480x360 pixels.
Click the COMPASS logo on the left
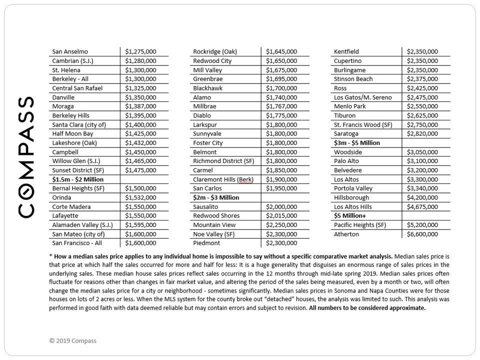point(26,156)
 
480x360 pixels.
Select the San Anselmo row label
point(70,51)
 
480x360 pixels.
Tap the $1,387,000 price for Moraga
point(140,106)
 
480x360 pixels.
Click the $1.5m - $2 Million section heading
point(78,179)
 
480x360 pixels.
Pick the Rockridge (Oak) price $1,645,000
point(281,51)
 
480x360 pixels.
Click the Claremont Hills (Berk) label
point(223,179)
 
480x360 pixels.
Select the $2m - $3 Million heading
point(216,197)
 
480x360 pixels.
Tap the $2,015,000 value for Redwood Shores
point(281,216)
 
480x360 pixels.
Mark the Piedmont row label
point(206,243)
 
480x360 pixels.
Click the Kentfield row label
point(346,51)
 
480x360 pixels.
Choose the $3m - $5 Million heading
point(357,143)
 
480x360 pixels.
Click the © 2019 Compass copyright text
point(73,341)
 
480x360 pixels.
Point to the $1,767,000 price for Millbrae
point(281,106)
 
